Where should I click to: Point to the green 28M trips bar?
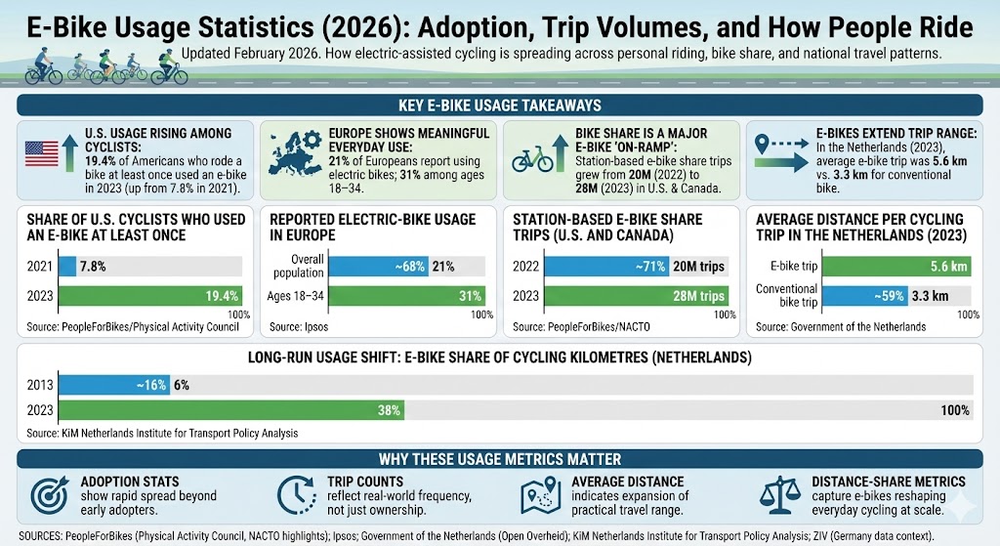(636, 296)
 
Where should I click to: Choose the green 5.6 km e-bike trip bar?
(880, 266)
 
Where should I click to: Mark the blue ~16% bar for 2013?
(115, 385)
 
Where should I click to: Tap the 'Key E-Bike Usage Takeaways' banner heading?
(499, 105)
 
